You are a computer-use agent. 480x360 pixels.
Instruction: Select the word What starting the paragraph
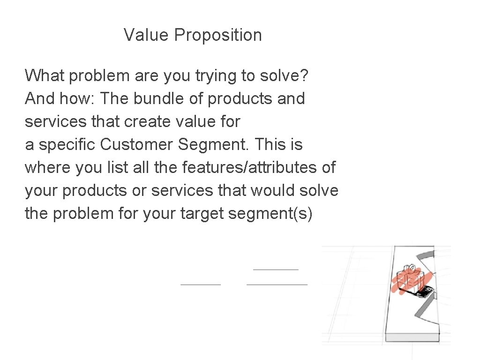point(45,75)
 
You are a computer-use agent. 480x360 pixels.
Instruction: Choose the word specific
point(67,145)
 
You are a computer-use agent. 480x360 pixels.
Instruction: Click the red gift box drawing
point(409,281)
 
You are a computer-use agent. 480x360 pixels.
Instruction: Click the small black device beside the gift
point(424,292)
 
